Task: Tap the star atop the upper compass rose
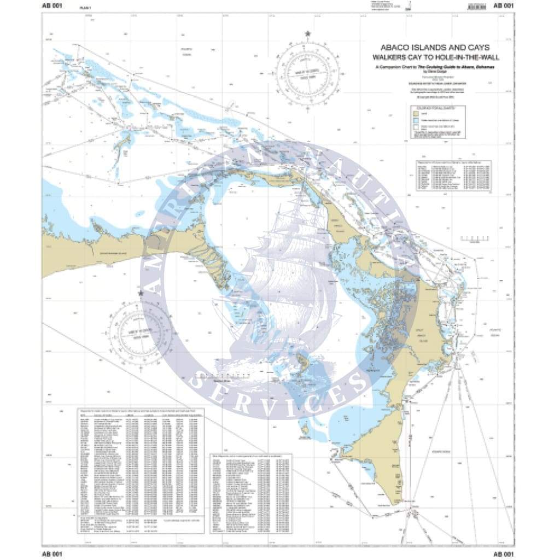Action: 307,34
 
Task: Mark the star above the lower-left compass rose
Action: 141,294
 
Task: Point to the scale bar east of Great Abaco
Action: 475,240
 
